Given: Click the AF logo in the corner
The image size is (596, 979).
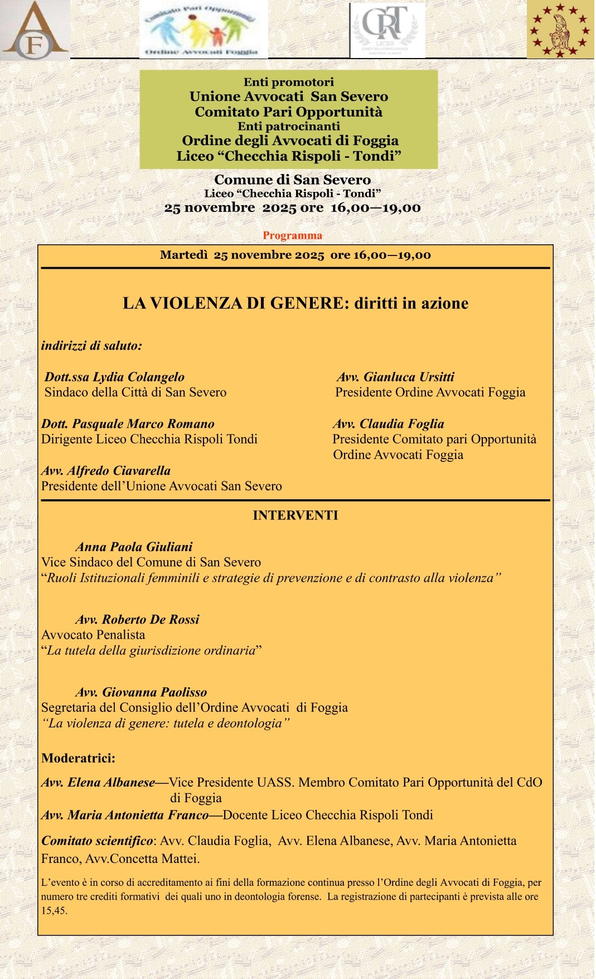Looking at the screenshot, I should pos(35,31).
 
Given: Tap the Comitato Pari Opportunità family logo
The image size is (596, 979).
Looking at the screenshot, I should pos(203,30).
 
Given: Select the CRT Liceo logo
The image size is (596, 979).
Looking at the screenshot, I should pos(387,31).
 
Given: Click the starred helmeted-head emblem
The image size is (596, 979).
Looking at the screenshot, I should pos(560,30).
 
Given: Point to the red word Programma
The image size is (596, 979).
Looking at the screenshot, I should pos(292,235).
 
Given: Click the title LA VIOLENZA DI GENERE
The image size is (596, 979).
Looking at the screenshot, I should pos(295,303).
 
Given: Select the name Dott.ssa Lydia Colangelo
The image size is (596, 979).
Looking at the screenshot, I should pos(114,377).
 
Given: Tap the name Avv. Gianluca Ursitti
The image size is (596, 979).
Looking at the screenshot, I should pos(395,377).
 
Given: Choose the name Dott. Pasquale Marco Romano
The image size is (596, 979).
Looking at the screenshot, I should pos(128,424).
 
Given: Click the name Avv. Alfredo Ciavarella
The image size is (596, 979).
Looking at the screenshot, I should pos(106,471).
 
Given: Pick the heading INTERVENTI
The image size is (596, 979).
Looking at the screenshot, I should pos(295,515).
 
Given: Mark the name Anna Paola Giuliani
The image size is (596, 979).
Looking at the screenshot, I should pos(134,547).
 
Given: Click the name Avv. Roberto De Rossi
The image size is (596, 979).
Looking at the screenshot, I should pos(138,619).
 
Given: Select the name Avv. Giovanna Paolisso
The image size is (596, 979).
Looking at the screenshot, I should pos(142,692).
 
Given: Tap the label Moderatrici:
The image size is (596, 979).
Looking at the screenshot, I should pos(78,758).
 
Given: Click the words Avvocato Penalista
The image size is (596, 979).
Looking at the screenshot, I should pos(93,635).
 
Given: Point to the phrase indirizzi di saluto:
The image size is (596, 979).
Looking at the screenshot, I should pos(91,346).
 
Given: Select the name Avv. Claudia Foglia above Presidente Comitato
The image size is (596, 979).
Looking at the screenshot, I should pos(389,424).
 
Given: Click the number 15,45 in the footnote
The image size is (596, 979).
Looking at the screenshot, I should pos(54,911).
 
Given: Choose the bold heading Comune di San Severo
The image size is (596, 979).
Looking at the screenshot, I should pos(293,180).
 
